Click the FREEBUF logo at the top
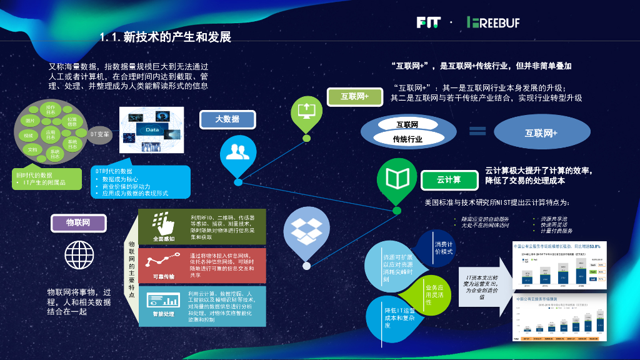[x=493, y=22]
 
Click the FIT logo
[x=428, y=22]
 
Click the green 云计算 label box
[x=448, y=180]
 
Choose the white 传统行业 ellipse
[x=407, y=139]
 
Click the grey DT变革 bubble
[x=99, y=134]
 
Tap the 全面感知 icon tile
[x=164, y=226]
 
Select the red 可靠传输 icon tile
[x=164, y=265]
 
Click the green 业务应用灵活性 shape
[x=435, y=292]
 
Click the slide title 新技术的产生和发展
[x=165, y=37]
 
